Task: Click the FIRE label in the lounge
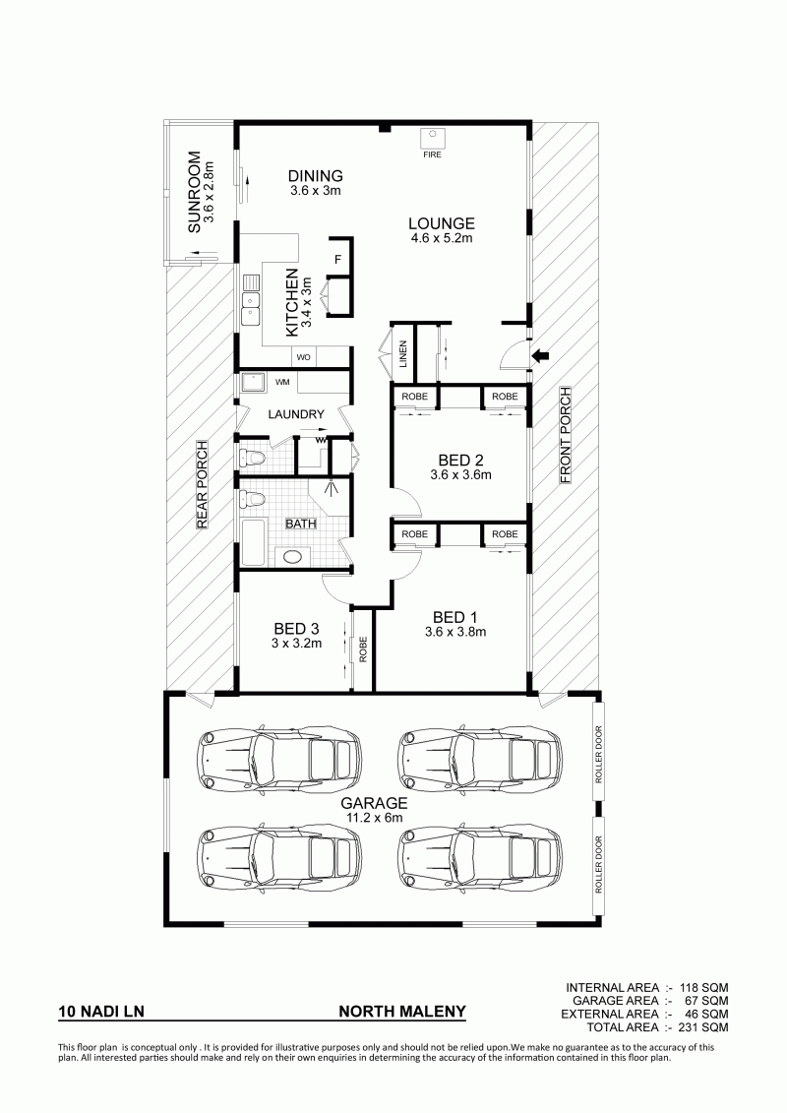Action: (x=432, y=155)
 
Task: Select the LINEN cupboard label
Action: (x=403, y=354)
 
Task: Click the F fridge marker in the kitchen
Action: (x=337, y=260)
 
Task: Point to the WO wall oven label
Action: (x=303, y=357)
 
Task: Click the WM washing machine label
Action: (x=282, y=382)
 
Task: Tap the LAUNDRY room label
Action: (x=296, y=414)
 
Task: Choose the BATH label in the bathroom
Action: (x=301, y=524)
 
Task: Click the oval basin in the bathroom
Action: (x=292, y=557)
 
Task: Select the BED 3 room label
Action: (x=296, y=628)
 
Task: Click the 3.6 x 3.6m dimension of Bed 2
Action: (x=460, y=475)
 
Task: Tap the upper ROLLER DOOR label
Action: (x=598, y=754)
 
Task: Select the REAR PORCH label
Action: (x=202, y=485)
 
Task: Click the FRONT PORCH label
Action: (x=566, y=435)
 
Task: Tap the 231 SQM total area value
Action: (x=704, y=1026)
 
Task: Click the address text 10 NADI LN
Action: (x=101, y=1012)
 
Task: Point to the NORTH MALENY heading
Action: (x=402, y=1012)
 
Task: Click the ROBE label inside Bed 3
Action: (x=363, y=649)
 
